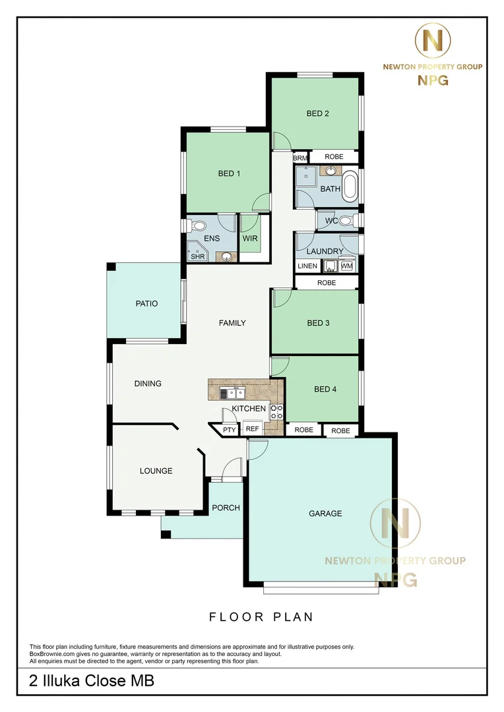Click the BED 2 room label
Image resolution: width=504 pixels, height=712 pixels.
(318, 113)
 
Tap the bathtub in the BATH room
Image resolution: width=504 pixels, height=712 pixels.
(350, 187)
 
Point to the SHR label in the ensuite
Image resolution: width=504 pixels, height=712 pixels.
(198, 256)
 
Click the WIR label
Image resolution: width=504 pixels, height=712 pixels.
(250, 239)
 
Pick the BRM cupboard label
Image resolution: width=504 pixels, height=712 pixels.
(300, 158)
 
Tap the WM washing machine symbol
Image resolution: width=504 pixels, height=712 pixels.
(347, 265)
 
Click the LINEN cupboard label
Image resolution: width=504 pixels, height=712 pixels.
(307, 266)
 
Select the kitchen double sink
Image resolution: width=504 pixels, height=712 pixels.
(232, 393)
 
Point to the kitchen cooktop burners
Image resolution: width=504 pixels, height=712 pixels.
(276, 412)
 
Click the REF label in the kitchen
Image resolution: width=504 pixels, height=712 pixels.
(252, 429)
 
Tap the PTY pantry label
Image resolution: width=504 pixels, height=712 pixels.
(230, 430)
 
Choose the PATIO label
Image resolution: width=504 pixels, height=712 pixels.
(147, 304)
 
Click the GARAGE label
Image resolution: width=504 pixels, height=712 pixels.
(325, 514)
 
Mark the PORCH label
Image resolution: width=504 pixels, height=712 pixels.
(226, 508)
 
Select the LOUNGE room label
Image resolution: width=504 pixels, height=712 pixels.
(156, 471)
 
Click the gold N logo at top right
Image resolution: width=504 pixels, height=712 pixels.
(433, 40)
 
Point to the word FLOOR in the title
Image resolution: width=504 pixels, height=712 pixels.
(236, 617)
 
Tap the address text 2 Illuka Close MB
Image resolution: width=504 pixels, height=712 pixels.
(92, 680)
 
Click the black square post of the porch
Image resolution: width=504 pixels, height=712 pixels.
(166, 534)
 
